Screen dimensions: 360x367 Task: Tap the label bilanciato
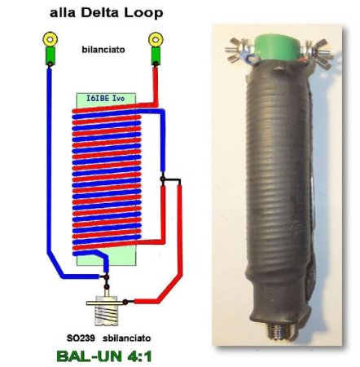tap(103, 50)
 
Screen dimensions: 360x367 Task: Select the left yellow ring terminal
tap(50, 39)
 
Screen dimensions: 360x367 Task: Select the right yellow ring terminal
tap(156, 39)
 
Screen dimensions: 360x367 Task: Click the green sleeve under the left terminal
tap(50, 55)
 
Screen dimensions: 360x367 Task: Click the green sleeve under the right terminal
tap(156, 55)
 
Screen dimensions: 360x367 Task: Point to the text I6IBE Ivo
tap(106, 98)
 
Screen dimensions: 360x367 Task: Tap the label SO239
tap(81, 338)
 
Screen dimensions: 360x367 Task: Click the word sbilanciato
tap(127, 338)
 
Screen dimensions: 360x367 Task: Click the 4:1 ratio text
tap(134, 356)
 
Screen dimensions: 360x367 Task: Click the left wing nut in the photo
tap(238, 50)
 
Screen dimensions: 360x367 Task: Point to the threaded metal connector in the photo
tap(278, 330)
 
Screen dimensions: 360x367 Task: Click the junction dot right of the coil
tap(162, 179)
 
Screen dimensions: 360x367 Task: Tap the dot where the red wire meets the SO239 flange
tap(125, 302)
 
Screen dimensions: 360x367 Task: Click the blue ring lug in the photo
tap(248, 58)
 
